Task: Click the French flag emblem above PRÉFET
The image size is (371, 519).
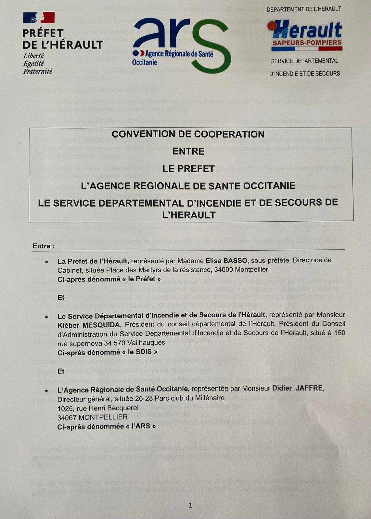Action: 39,18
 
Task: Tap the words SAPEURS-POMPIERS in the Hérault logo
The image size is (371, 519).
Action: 307,42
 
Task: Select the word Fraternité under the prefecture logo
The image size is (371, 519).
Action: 37,71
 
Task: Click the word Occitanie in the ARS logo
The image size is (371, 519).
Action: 145,62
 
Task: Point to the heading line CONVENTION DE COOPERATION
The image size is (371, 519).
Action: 188,134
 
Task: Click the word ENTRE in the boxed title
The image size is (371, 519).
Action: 188,151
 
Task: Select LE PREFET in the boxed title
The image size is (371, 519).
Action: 188,169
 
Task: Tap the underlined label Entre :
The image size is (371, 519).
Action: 43,246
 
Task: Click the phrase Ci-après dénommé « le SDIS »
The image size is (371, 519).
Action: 107,352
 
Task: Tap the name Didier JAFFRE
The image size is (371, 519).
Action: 297,388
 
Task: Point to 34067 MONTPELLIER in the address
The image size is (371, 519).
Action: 92,417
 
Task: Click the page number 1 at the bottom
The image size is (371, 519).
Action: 190,505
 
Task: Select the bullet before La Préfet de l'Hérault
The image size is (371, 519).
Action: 47,261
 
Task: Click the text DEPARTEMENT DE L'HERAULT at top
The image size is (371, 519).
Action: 304,9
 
